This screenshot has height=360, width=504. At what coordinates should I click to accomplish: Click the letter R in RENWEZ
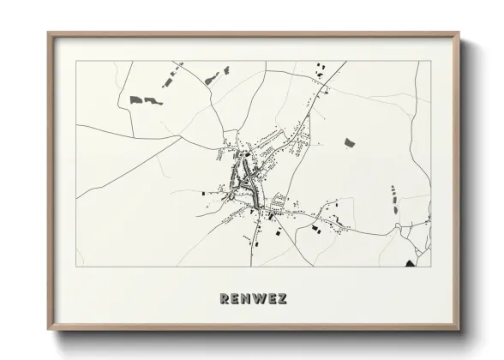225,299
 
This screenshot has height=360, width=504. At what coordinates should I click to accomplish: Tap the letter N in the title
246,299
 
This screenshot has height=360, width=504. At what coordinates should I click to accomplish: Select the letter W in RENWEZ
259,299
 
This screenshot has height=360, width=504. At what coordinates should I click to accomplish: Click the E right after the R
236,299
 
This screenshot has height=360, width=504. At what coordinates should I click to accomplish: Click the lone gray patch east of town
350,142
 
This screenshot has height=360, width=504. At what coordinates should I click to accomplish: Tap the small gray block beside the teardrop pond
227,69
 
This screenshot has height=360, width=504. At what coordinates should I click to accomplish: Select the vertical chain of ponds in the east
393,200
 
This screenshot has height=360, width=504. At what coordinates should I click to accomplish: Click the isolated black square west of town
205,194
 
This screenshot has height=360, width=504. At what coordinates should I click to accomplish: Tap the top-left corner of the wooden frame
48,33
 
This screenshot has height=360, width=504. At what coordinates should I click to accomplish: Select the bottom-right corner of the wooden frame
461,329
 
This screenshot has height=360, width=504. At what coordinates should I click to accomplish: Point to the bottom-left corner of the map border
76,267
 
